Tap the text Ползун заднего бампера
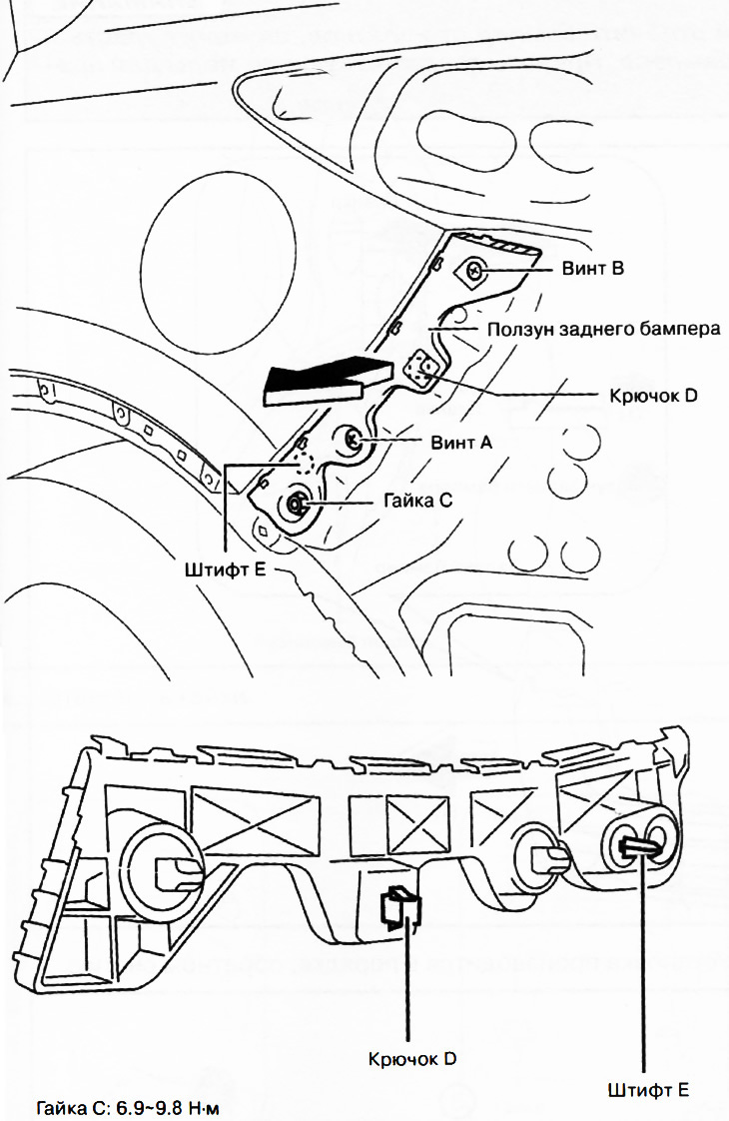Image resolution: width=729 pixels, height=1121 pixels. tap(602, 330)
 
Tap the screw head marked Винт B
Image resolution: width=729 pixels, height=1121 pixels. tap(476, 270)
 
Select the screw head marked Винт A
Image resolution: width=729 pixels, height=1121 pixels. tap(353, 438)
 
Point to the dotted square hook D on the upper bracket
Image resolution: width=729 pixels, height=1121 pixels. tap(421, 371)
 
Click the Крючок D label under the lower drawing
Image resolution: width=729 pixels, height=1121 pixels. tap(412, 1058)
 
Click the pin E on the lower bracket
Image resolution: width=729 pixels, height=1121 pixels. tap(638, 846)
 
